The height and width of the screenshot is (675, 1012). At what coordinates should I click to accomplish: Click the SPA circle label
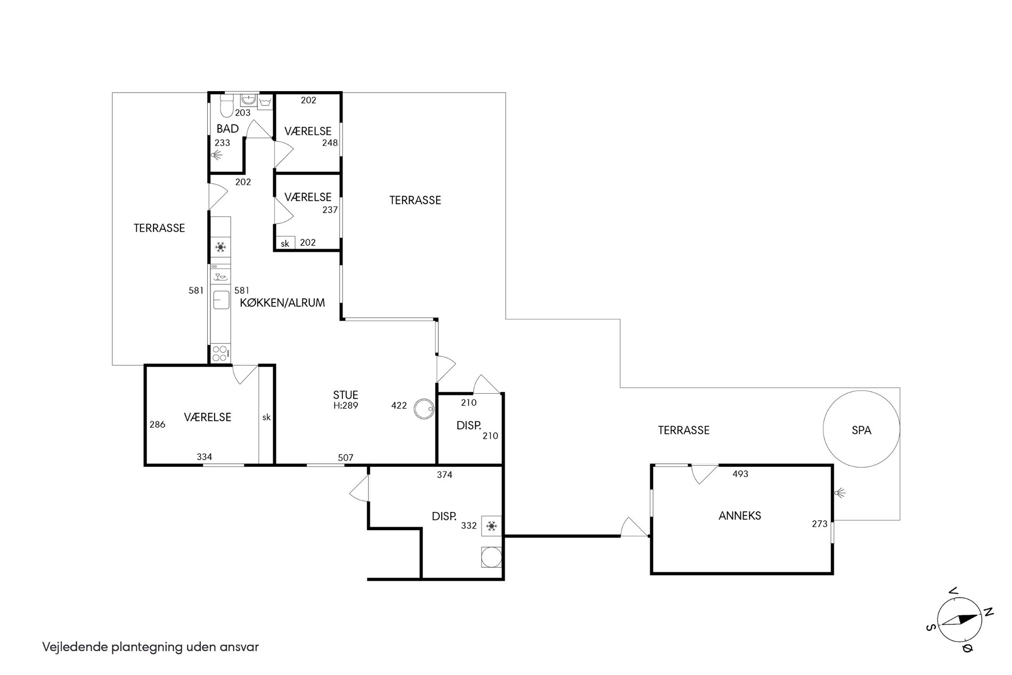(x=861, y=430)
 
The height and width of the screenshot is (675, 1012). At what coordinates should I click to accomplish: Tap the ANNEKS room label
(x=740, y=516)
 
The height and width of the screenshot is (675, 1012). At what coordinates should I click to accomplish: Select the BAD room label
(x=227, y=129)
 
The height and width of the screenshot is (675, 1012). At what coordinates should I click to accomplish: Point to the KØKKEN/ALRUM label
(x=282, y=303)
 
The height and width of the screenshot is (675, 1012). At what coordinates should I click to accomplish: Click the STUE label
(x=346, y=395)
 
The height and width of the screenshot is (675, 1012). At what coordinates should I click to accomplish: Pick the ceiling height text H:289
(x=346, y=405)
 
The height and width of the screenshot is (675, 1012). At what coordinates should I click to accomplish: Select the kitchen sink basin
(x=220, y=300)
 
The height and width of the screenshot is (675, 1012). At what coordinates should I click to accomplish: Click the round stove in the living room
(x=425, y=409)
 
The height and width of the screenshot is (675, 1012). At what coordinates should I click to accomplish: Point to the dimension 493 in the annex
(x=740, y=474)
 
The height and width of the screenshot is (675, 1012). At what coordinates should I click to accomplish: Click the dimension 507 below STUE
(x=346, y=458)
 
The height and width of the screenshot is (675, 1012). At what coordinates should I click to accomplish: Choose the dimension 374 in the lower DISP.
(x=444, y=475)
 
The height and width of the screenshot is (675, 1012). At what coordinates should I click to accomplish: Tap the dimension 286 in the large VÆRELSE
(x=158, y=425)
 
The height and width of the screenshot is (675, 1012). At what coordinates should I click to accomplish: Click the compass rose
(x=959, y=620)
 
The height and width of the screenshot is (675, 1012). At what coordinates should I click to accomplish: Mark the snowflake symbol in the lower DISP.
(x=492, y=526)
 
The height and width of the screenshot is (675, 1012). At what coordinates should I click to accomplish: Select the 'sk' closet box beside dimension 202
(x=285, y=243)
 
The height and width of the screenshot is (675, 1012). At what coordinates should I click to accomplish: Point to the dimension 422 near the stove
(x=399, y=405)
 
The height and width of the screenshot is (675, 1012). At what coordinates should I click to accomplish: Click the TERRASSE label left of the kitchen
(x=159, y=228)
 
